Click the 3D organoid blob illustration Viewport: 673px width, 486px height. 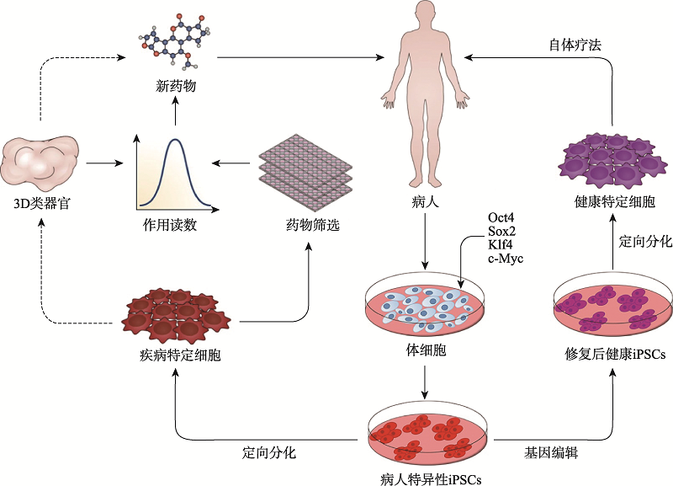click(x=41, y=162)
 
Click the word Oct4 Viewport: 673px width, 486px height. click(x=501, y=218)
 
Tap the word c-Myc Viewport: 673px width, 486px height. click(x=506, y=259)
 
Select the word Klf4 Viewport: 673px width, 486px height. click(x=501, y=245)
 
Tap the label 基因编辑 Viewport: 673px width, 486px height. click(x=554, y=452)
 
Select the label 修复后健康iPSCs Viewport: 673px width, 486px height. click(x=612, y=355)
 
